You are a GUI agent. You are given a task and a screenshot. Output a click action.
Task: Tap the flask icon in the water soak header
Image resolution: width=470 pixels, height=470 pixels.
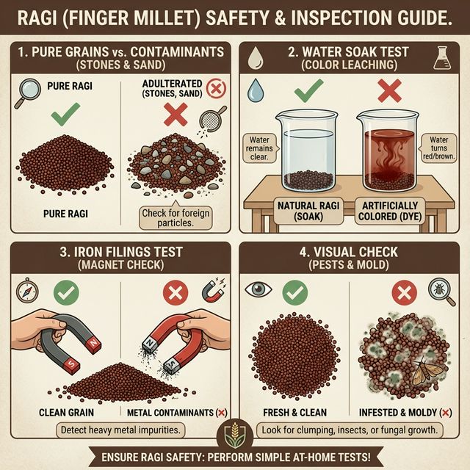[x=441, y=59]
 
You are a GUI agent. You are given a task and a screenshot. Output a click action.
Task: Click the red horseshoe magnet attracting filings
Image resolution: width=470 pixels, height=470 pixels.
[x=169, y=338]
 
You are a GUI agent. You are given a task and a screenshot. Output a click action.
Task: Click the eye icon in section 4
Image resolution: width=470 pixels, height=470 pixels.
[x=258, y=291]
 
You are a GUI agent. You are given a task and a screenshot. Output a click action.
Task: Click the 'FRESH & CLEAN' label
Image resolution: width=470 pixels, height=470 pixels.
[x=293, y=413]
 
